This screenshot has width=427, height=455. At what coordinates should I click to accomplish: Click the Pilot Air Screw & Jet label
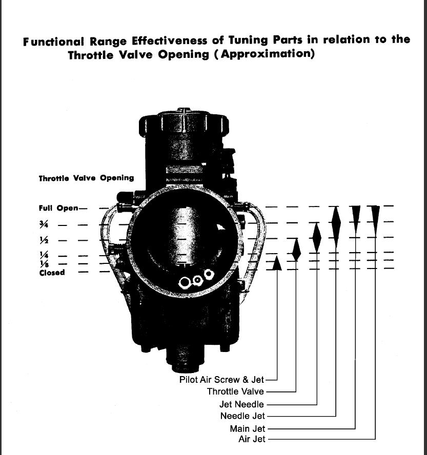(221, 380)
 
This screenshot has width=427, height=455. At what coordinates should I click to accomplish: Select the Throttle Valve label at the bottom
(235, 391)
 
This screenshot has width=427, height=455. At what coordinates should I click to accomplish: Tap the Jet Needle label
(241, 404)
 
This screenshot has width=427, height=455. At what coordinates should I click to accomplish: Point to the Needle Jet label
(242, 416)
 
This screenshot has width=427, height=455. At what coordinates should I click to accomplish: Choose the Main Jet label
(248, 428)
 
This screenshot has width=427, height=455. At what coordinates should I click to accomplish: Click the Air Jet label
(252, 439)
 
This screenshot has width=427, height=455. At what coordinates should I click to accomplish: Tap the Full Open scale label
(58, 209)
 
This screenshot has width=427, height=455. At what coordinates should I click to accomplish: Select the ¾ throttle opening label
(44, 224)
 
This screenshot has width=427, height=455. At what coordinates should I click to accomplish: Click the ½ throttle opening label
(44, 240)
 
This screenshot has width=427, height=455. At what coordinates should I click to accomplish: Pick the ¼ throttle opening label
(44, 255)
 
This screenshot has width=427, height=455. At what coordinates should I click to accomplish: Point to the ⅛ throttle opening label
(44, 263)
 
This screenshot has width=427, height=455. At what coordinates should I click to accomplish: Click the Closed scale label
(52, 273)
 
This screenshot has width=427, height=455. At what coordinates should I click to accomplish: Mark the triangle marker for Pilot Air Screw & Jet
(277, 263)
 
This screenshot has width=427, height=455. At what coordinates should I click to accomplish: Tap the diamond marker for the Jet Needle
(317, 238)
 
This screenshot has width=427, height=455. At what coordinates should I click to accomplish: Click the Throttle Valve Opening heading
(86, 178)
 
